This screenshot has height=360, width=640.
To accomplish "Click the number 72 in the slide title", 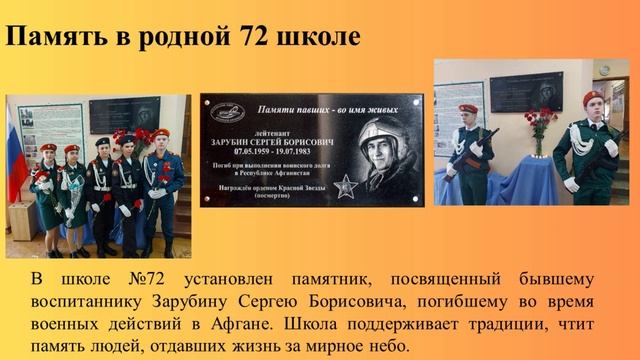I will pyautogui.click(x=263, y=39).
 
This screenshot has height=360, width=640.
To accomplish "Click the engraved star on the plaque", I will pyautogui.click(x=345, y=185).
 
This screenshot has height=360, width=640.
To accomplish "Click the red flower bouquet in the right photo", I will pyautogui.click(x=540, y=122).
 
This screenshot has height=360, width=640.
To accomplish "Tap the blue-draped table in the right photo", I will pyautogui.click(x=520, y=180).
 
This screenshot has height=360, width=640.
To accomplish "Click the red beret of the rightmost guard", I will pyautogui.click(x=593, y=98).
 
